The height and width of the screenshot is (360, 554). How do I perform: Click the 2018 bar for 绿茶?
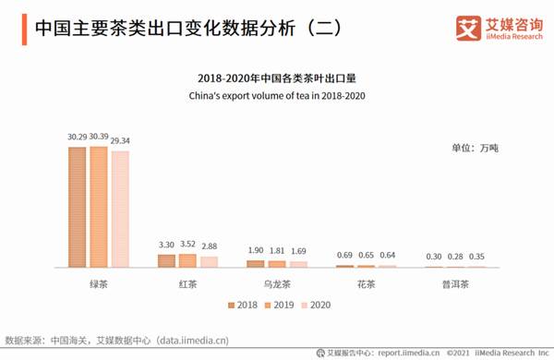[x=77, y=207]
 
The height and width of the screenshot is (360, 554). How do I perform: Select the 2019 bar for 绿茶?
[x=98, y=207]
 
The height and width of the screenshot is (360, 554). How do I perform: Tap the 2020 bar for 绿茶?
[x=120, y=209]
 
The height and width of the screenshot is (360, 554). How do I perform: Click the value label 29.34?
[x=121, y=141]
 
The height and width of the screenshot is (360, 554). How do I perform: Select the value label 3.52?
[x=187, y=245]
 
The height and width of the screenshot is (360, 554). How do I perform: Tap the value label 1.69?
[x=299, y=251]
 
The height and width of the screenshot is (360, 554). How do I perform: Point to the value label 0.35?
[x=476, y=257]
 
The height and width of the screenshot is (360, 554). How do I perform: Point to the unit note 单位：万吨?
[x=475, y=148]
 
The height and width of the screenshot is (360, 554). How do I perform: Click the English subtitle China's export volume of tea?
[x=276, y=95]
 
